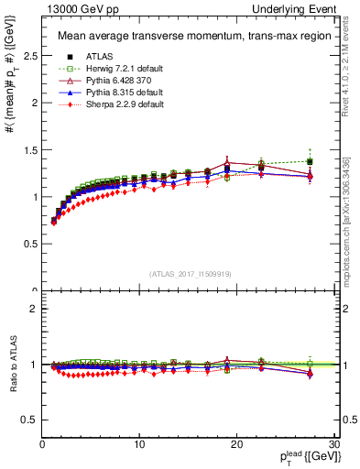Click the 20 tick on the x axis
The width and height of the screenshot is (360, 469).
click(236, 444)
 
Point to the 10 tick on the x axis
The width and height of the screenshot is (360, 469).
click(139, 444)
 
